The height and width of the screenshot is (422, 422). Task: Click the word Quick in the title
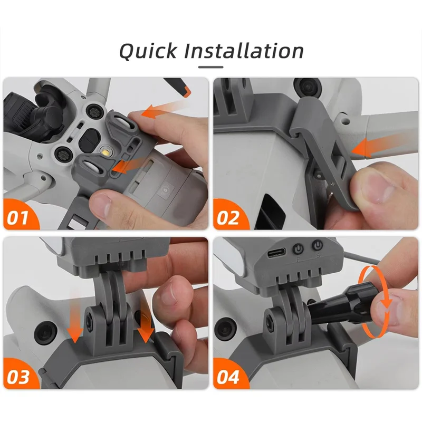(x=148, y=51)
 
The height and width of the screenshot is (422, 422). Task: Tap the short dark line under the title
(x=211, y=67)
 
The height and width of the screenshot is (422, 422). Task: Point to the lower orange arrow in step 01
(x=124, y=167)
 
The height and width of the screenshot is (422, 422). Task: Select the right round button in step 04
(x=317, y=245)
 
